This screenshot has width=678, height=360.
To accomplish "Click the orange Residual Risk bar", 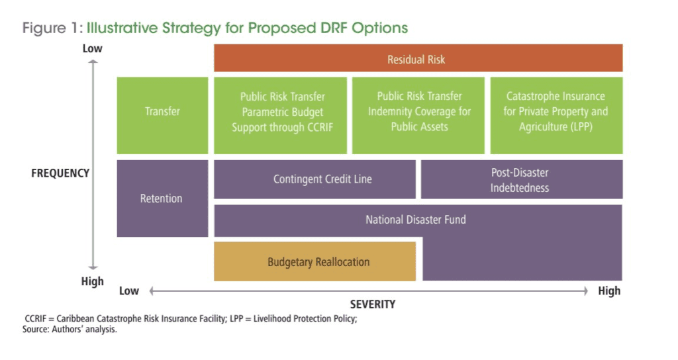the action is [418, 58].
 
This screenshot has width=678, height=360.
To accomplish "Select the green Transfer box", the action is [162, 115].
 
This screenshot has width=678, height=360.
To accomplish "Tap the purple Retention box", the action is [162, 199].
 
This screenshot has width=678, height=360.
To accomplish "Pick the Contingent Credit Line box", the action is [315, 179].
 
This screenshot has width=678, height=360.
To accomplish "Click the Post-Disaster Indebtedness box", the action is [522, 179].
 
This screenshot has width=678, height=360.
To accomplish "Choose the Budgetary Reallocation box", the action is [315, 261].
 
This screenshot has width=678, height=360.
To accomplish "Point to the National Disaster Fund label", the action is [416, 220].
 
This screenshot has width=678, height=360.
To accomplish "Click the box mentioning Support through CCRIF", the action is [280, 115].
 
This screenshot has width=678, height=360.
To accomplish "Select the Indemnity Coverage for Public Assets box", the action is [418, 115].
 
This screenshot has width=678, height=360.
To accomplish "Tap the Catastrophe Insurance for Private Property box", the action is [556, 115].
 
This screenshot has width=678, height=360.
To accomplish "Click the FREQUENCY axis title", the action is [60, 173].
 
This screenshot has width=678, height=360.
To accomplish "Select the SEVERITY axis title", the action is [373, 304].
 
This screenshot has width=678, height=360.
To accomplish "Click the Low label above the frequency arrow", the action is [93, 48].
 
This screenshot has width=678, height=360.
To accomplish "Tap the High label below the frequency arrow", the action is [93, 281].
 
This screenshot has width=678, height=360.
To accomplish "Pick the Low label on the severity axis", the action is [129, 291].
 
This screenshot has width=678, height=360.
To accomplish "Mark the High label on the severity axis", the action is [609, 291].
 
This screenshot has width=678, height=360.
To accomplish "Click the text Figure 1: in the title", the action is [52, 28].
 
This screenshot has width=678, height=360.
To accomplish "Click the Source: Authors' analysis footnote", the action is [70, 330].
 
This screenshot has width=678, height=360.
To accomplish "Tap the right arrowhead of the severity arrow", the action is [586, 291].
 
